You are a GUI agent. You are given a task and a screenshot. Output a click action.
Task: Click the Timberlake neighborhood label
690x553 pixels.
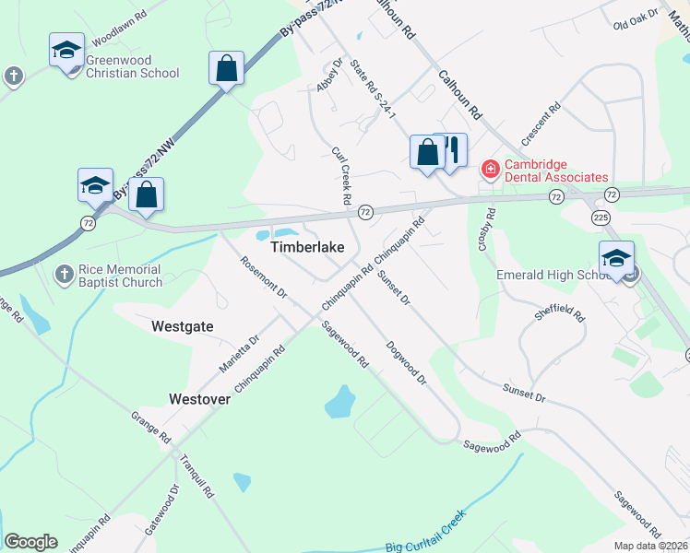pos(307,248)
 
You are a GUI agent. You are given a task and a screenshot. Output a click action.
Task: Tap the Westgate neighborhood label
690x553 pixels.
pos(183,326)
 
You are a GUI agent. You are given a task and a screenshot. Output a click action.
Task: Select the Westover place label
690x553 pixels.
pos(198,399)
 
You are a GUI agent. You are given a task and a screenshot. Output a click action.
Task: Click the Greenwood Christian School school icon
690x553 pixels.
pos(66,50)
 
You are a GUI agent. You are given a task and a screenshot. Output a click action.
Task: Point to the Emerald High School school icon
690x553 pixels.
pos(615,258)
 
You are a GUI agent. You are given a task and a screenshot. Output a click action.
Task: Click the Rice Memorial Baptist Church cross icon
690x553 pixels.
pos(65,273)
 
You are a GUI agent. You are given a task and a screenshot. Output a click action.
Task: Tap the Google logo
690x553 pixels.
pos(30,542)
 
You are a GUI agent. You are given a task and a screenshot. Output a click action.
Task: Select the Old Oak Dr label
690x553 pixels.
pos(636,19)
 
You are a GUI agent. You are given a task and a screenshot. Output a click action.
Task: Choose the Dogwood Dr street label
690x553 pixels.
pos(407,362)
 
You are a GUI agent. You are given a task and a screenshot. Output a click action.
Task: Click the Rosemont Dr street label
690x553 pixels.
pos(264,276)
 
